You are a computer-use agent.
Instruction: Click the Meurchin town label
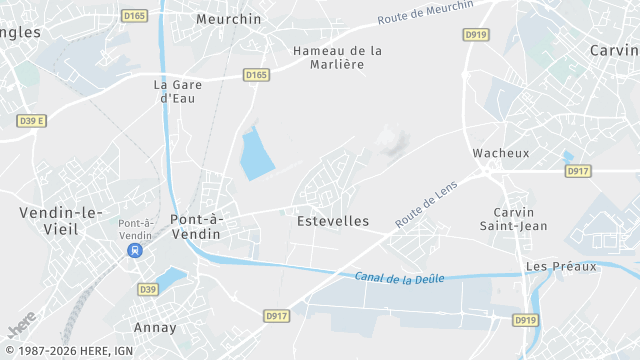pyautogui.click(x=229, y=19)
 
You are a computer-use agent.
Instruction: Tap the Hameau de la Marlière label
pyautogui.click(x=337, y=57)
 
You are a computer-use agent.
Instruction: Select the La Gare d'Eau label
pyautogui.click(x=178, y=91)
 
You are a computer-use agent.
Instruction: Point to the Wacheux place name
pyautogui.click(x=501, y=153)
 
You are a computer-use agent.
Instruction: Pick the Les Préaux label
pyautogui.click(x=561, y=266)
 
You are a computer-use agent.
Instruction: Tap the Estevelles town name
pyautogui.click(x=333, y=221)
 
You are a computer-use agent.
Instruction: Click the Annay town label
pyautogui.click(x=155, y=327)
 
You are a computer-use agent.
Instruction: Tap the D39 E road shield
pyautogui.click(x=33, y=120)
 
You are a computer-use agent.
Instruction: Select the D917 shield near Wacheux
pyautogui.click(x=578, y=171)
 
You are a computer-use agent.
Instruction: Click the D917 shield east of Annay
pyautogui.click(x=277, y=316)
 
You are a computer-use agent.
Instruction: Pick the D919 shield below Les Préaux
pyautogui.click(x=525, y=320)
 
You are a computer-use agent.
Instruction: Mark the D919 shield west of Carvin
pyautogui.click(x=476, y=34)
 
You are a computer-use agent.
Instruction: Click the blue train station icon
pyautogui.click(x=134, y=251)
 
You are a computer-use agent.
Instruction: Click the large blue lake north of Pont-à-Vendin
pyautogui.click(x=258, y=153)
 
